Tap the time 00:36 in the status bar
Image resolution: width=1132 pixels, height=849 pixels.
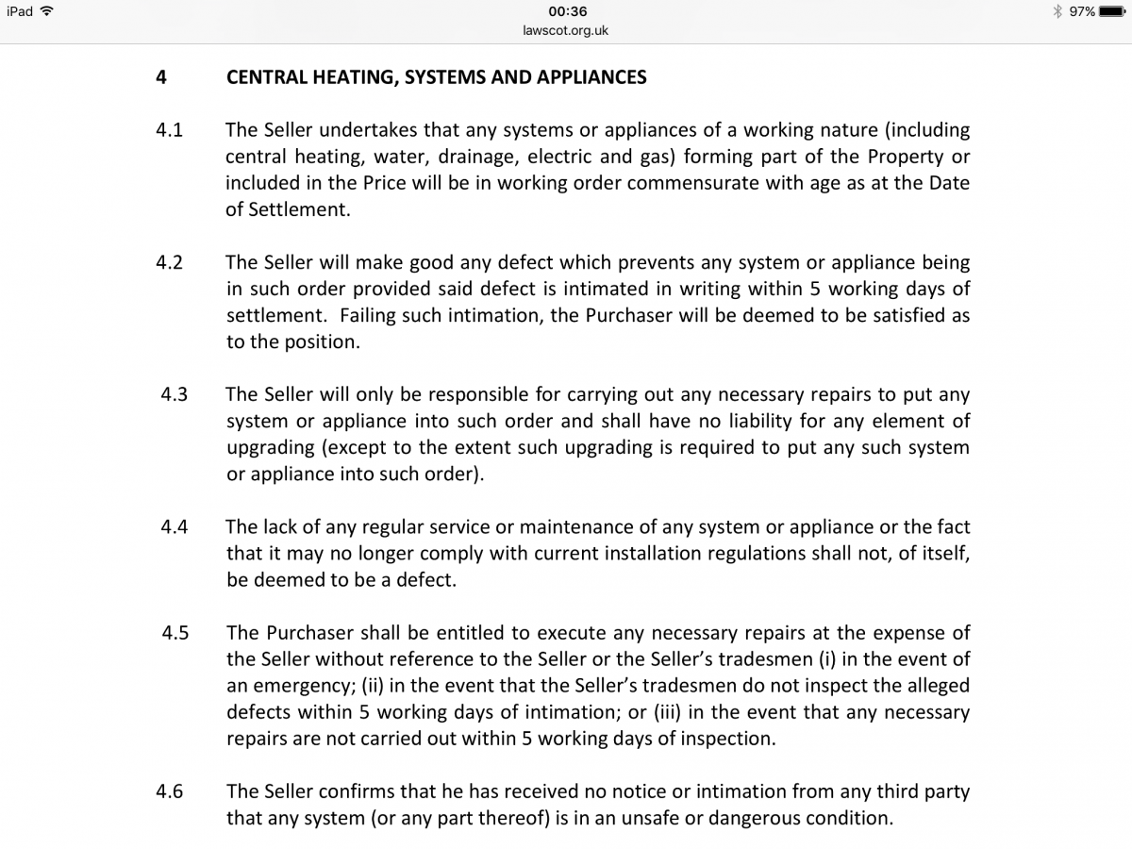click(566, 11)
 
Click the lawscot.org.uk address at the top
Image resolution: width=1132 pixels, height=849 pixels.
click(566, 30)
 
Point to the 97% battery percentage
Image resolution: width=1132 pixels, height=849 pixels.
click(1082, 11)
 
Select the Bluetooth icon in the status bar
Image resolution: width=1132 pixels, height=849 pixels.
click(1058, 11)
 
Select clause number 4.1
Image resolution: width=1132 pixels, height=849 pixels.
click(169, 130)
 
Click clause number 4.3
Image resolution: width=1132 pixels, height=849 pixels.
click(174, 394)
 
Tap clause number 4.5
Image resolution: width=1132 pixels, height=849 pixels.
click(175, 633)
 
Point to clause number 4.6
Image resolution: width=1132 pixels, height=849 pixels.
click(169, 791)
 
